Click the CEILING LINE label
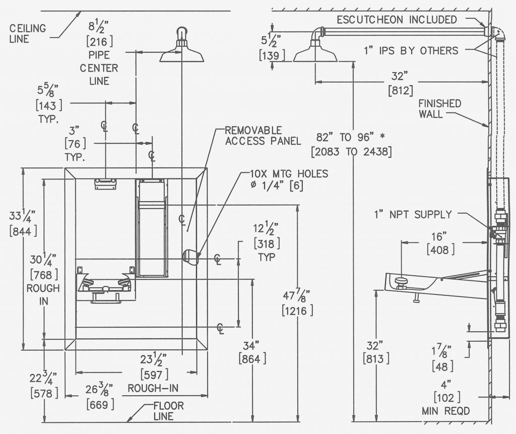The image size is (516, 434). [x=28, y=33]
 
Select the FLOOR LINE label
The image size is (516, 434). [x=168, y=411]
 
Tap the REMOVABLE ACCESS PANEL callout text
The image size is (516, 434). [x=263, y=136]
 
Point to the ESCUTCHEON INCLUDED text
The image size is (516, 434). [x=397, y=20]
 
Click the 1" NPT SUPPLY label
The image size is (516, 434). [x=413, y=215]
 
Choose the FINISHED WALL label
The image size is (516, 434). [x=439, y=109]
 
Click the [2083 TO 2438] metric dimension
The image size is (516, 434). [x=351, y=152]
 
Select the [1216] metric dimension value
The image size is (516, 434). [x=297, y=311]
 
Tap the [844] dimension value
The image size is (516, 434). [x=23, y=231]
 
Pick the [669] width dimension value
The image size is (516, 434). [x=100, y=404]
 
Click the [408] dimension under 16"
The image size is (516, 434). [x=440, y=250]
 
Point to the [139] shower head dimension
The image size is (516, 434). [x=272, y=55]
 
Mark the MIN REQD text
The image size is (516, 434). [x=446, y=411]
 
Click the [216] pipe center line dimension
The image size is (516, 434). [x=99, y=42]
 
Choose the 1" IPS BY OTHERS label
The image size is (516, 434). [x=411, y=51]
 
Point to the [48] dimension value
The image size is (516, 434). [x=442, y=366]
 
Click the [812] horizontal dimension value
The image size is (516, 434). [x=401, y=90]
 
